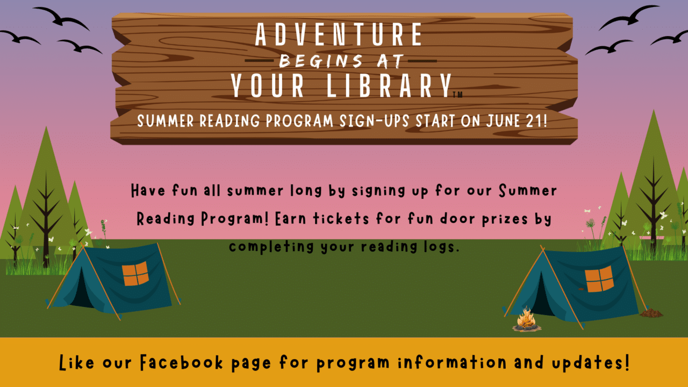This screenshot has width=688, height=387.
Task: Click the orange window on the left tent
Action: click(x=135, y=274)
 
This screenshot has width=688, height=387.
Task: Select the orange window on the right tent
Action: click(x=599, y=279)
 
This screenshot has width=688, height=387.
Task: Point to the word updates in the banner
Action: click(x=588, y=363)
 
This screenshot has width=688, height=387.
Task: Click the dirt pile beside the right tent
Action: click(x=651, y=312)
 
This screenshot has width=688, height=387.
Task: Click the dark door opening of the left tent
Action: click(x=81, y=290)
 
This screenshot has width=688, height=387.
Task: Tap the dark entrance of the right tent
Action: click(x=542, y=298)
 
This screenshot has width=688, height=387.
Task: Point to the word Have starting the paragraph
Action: click(x=148, y=191)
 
